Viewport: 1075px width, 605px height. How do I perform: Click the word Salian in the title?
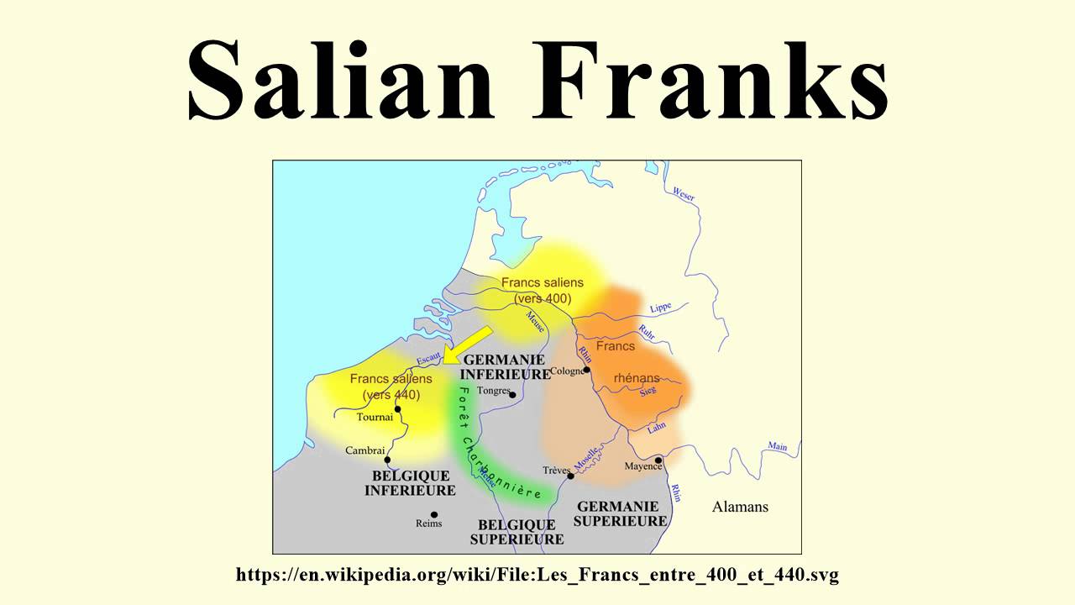click(340, 81)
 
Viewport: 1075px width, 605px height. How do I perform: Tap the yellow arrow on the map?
click(467, 345)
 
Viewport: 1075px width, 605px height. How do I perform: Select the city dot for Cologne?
click(587, 370)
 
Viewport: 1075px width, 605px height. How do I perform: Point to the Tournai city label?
click(375, 417)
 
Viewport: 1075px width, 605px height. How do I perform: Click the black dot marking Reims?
click(434, 514)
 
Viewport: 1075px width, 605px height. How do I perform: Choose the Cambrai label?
click(365, 450)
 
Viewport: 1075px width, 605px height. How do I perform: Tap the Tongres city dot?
click(511, 394)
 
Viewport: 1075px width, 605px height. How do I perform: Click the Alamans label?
click(740, 507)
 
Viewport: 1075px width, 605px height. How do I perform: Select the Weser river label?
click(684, 193)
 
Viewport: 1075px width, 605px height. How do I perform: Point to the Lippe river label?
click(661, 308)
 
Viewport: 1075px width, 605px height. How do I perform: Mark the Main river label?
click(778, 446)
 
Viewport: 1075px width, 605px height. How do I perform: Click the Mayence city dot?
click(659, 460)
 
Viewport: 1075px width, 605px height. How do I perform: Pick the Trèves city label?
click(557, 471)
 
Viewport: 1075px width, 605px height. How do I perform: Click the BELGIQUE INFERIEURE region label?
click(410, 482)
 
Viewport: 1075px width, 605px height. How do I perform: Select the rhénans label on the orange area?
click(637, 378)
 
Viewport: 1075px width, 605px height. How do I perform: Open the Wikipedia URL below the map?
click(537, 575)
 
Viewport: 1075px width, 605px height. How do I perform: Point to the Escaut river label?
click(428, 359)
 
